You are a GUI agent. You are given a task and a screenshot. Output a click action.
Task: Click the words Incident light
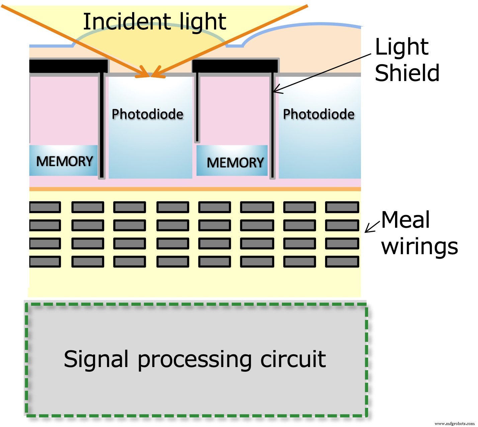(154, 22)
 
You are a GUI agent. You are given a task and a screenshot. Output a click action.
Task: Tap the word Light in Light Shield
(401, 47)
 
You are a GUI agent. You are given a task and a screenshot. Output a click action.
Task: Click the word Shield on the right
(407, 73)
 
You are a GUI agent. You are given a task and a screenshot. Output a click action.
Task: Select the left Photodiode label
(148, 114)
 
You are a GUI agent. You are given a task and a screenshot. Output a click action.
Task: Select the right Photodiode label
(318, 114)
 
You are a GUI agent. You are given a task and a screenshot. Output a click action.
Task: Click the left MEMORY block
(64, 161)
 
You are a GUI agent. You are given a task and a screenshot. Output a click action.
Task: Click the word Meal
(405, 220)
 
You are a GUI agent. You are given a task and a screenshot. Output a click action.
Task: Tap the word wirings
(419, 247)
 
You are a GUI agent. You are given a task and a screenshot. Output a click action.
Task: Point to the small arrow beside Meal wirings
(372, 227)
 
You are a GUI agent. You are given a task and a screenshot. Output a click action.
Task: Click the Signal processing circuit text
(195, 359)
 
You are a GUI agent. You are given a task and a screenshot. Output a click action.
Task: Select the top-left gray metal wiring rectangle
(45, 207)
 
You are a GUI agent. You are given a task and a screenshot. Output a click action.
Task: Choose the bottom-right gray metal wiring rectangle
(342, 262)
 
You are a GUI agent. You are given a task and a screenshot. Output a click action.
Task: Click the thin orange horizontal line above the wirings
(195, 189)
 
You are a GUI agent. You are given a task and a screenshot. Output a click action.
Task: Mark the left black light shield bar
(69, 66)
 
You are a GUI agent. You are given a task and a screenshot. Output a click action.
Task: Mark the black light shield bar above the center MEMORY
(235, 66)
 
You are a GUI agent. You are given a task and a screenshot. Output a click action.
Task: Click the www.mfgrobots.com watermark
(454, 423)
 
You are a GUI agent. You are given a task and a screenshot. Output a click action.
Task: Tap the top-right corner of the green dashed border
(366, 304)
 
